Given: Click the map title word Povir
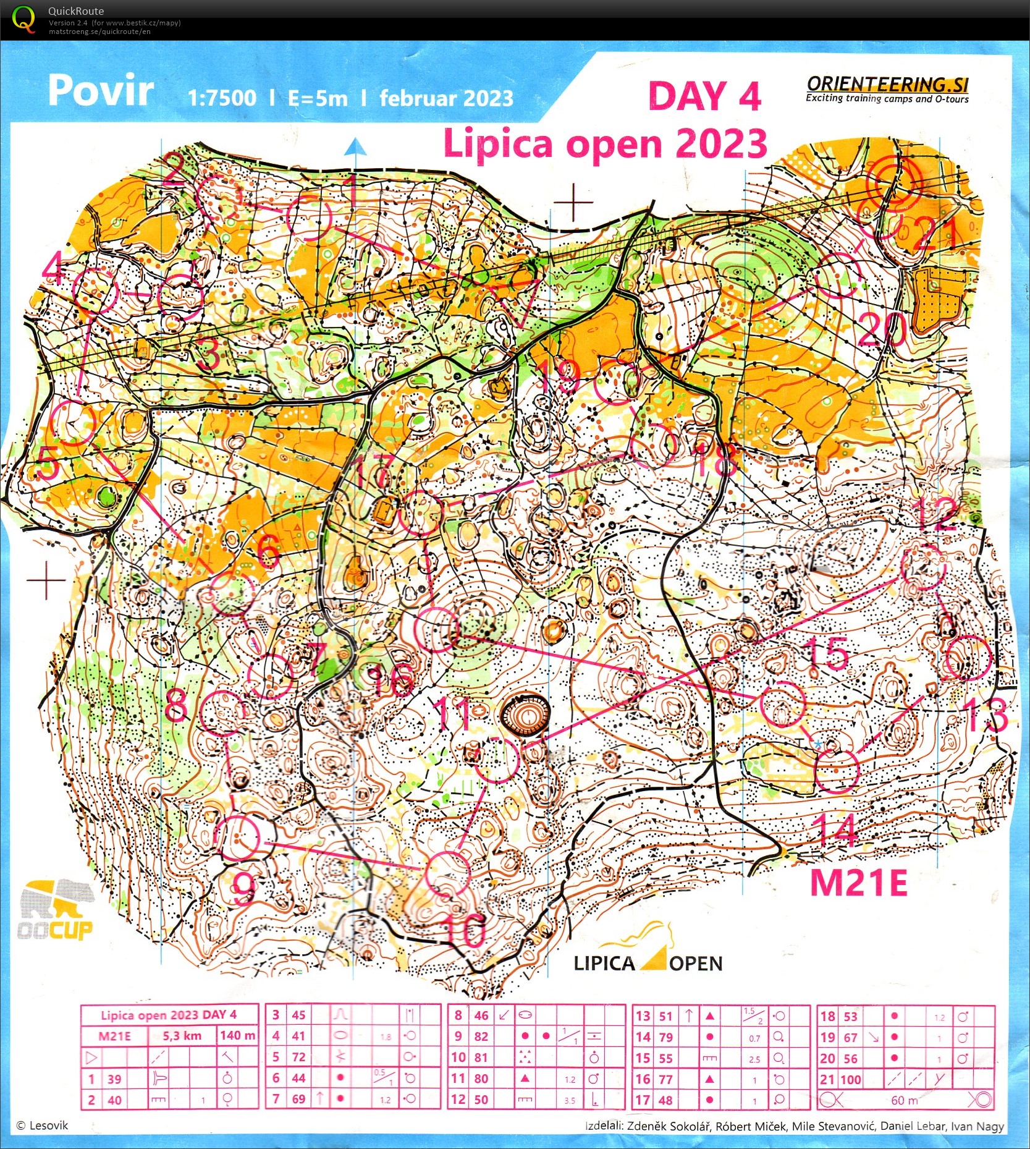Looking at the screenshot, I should click(x=101, y=91).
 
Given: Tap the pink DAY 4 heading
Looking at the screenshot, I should click(x=704, y=96).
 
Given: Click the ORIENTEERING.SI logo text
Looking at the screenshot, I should click(x=887, y=85).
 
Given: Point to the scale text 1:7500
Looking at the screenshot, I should click(x=222, y=98).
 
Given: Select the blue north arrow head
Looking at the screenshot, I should click(x=355, y=147).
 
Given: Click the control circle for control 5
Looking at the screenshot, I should click(x=73, y=423).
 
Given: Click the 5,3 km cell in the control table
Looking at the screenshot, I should click(x=182, y=1036).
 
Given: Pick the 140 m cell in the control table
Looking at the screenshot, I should click(x=237, y=1036).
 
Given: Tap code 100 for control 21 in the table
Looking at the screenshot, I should click(x=850, y=1080).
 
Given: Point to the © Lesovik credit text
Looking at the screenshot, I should click(x=42, y=1126).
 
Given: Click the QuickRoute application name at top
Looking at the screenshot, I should click(x=76, y=11).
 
